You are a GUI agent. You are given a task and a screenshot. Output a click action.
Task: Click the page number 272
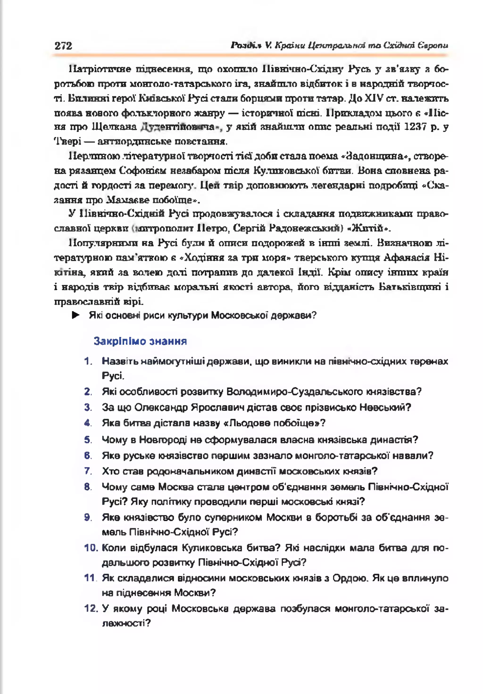coord(63,46)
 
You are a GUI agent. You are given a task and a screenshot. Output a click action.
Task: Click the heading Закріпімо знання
coord(140,341)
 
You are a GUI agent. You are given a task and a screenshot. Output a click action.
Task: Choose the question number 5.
coord(88,440)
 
